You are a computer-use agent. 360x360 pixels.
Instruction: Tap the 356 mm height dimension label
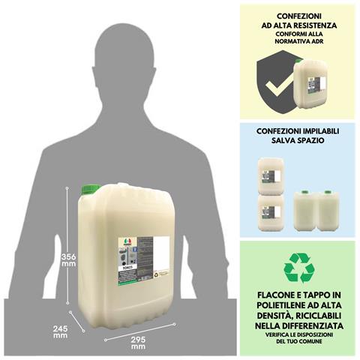point(68,259)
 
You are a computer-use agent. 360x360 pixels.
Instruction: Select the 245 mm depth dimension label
point(60,331)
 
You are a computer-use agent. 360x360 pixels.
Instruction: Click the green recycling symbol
point(298,267)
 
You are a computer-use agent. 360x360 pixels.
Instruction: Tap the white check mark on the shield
point(276,89)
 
